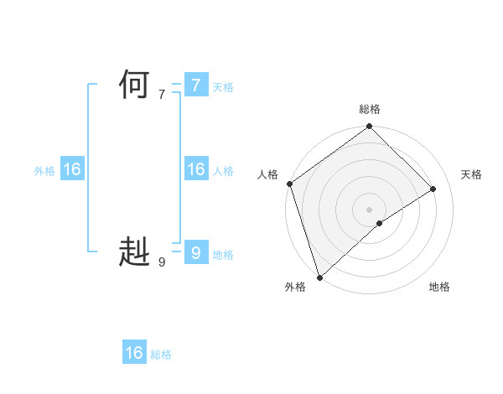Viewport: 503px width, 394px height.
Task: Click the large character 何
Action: pyautogui.click(x=134, y=86)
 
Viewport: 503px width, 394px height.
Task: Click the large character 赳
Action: pyautogui.click(x=134, y=251)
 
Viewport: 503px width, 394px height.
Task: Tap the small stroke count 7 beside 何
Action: pyautogui.click(x=162, y=95)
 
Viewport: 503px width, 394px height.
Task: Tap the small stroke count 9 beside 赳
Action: pyautogui.click(x=162, y=262)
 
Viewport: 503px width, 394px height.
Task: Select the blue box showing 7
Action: pyautogui.click(x=195, y=86)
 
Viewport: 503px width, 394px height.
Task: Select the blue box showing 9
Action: pyautogui.click(x=195, y=252)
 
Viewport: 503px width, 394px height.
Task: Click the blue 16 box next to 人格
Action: pyautogui.click(x=195, y=169)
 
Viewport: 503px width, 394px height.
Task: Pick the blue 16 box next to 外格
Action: pyautogui.click(x=72, y=169)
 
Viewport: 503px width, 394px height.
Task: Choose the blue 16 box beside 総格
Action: pyautogui.click(x=134, y=353)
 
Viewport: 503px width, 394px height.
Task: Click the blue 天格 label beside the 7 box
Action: pyautogui.click(x=223, y=87)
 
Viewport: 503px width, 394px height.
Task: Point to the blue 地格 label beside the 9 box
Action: pyautogui.click(x=223, y=255)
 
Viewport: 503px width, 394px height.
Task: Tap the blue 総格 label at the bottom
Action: pyautogui.click(x=161, y=355)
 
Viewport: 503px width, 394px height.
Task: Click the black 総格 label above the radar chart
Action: pyautogui.click(x=369, y=109)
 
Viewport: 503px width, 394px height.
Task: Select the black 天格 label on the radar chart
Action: pyautogui.click(x=471, y=174)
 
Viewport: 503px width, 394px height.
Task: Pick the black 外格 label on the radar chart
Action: pyautogui.click(x=294, y=287)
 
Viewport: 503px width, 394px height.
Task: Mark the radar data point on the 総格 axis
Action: pyautogui.click(x=369, y=127)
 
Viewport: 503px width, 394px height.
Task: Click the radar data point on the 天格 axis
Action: pyautogui.click(x=433, y=189)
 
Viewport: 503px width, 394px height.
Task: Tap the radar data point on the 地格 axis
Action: pyautogui.click(x=380, y=223)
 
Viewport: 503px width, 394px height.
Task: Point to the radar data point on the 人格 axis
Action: pyautogui.click(x=289, y=184)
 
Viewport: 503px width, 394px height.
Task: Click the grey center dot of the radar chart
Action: pyautogui.click(x=369, y=209)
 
